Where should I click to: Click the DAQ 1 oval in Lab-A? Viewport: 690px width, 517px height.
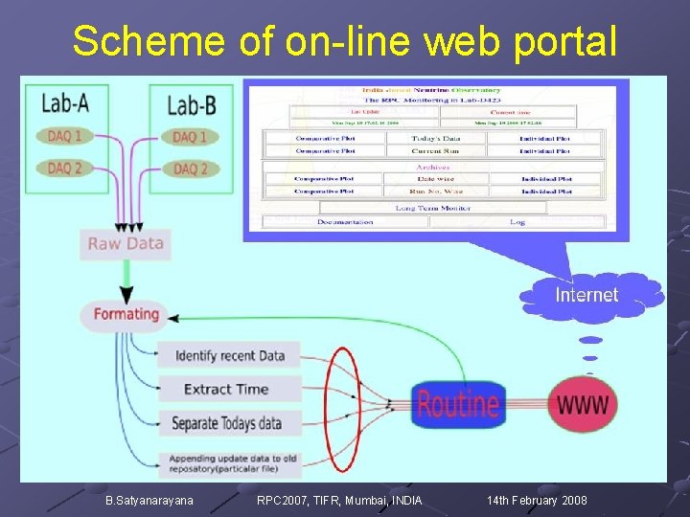pos(64,136)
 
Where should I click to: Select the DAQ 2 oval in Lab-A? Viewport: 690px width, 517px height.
pos(64,169)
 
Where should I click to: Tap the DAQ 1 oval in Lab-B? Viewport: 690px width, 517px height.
pos(190,137)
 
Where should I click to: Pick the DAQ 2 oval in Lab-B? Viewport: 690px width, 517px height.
pos(190,169)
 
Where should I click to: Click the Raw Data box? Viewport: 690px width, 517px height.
pos(126,243)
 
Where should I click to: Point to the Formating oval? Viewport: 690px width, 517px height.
pos(126,314)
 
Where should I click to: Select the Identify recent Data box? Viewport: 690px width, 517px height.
pos(229,356)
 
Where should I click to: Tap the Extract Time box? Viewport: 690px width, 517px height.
pos(226,390)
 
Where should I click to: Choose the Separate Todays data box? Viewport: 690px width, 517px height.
pos(226,423)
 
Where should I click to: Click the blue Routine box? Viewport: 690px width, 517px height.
pos(458,404)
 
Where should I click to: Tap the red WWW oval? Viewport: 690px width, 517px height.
pos(582,404)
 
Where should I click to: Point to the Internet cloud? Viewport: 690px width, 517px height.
pos(586,295)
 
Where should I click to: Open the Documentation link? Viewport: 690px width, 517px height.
pos(345,222)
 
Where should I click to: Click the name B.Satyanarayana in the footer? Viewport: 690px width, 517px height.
pos(149,501)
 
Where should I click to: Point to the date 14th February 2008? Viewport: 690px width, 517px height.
pos(537,501)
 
